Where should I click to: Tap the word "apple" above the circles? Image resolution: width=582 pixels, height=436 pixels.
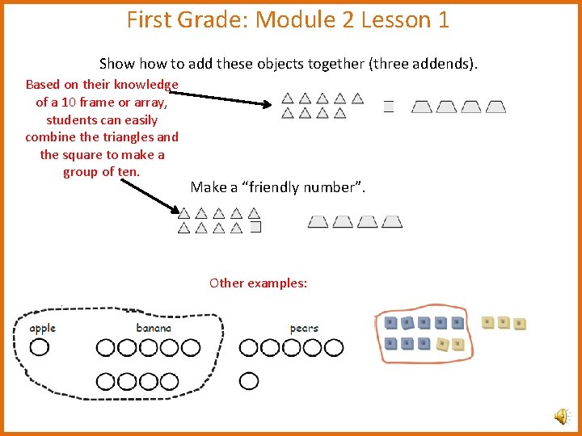pyautogui.click(x=42, y=329)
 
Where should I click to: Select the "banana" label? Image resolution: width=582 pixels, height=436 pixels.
pyautogui.click(x=154, y=329)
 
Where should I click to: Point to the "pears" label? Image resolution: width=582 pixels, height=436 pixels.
pyautogui.click(x=304, y=329)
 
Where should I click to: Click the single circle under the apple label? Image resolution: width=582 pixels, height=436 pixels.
pyautogui.click(x=39, y=348)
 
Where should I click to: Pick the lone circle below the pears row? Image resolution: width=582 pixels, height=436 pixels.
pyautogui.click(x=249, y=380)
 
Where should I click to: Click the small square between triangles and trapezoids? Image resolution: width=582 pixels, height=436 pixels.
pyautogui.click(x=388, y=107)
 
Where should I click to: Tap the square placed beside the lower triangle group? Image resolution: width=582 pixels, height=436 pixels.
pyautogui.click(x=255, y=228)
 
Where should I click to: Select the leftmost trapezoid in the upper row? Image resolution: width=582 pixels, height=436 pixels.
pyautogui.click(x=422, y=107)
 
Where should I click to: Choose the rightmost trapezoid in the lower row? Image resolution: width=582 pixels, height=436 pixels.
pyautogui.click(x=392, y=221)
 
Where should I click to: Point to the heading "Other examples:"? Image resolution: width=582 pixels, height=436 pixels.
pyautogui.click(x=258, y=283)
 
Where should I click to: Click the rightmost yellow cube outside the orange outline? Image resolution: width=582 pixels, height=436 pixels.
pyautogui.click(x=521, y=325)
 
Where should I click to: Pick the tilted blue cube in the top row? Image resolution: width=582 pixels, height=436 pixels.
pyautogui.click(x=407, y=324)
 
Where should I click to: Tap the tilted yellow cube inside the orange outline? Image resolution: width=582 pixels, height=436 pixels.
pyautogui.click(x=441, y=345)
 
